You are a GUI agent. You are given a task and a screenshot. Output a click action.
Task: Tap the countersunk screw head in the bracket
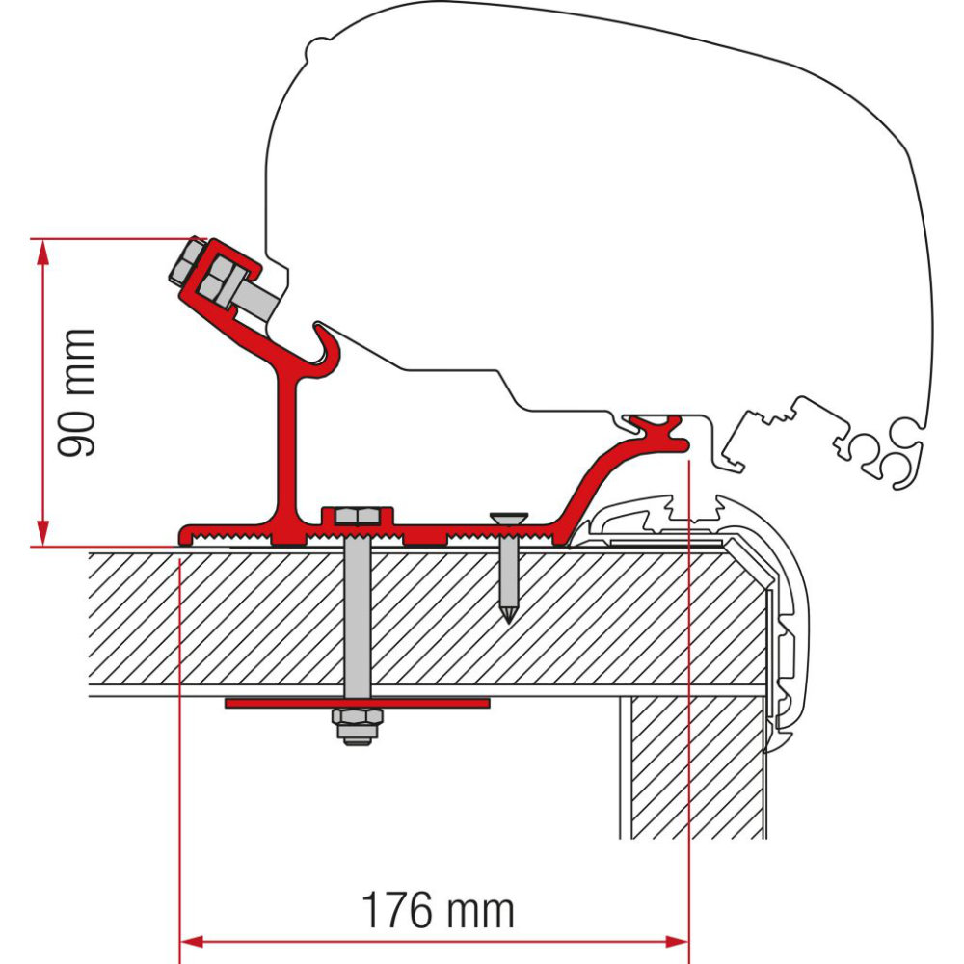[x=508, y=519]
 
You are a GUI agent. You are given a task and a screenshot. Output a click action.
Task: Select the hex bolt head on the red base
[x=357, y=518]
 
